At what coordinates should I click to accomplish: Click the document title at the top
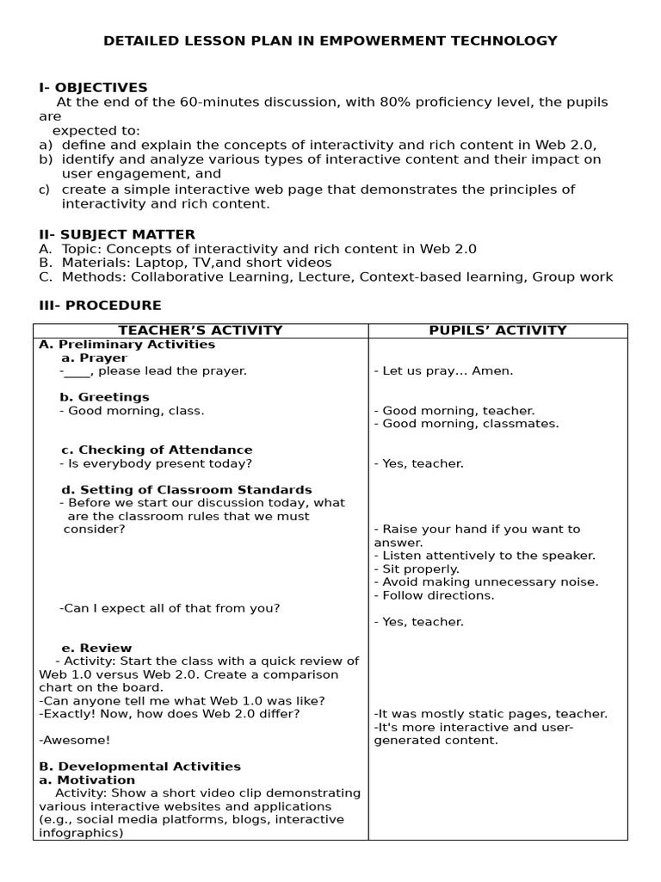coord(330,40)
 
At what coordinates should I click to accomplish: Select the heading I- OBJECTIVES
coord(93,88)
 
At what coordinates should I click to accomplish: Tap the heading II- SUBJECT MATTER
coord(117,234)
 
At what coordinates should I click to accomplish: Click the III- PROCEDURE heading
coord(100,306)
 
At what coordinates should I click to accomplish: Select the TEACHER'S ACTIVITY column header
coord(200,331)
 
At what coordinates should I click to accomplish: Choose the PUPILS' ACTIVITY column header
coord(497,331)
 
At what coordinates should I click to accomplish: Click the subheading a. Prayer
coord(94,357)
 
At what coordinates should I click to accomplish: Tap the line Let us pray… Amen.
coord(443,371)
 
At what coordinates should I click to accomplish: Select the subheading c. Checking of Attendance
coord(156,450)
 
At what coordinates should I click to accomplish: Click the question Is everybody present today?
coord(156,463)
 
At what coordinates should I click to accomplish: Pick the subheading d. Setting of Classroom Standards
coord(186,489)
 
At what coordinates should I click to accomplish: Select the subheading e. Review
coord(96,648)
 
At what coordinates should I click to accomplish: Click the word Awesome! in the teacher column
coord(75,740)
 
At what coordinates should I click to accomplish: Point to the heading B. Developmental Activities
coord(140,767)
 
